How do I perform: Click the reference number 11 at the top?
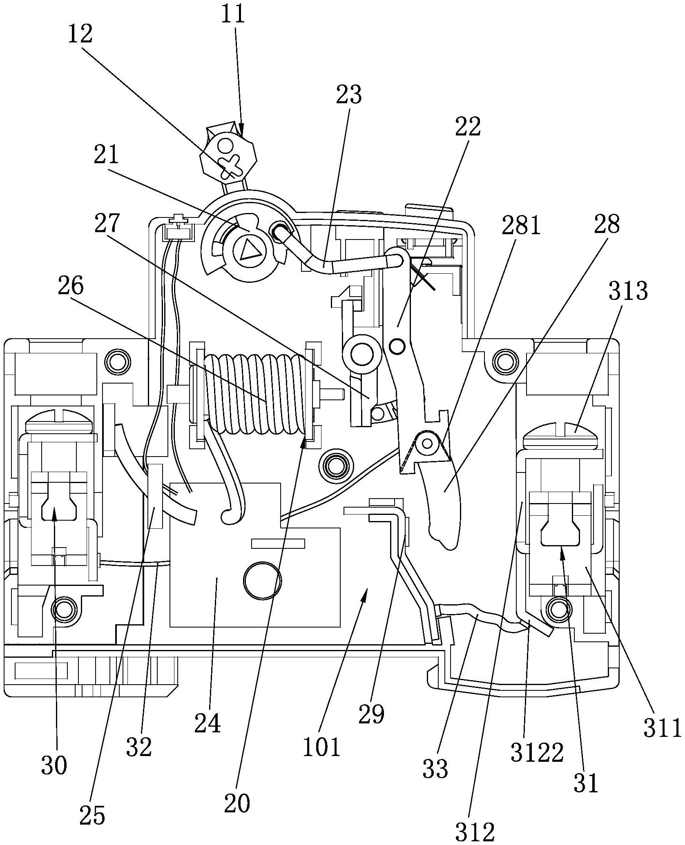[234, 15]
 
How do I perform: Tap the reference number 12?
[80, 35]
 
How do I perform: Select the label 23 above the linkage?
[349, 95]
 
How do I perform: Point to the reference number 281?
[520, 226]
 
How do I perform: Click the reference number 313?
[628, 291]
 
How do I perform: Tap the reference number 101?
[321, 747]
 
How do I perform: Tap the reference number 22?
[468, 127]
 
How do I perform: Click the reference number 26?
[71, 286]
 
